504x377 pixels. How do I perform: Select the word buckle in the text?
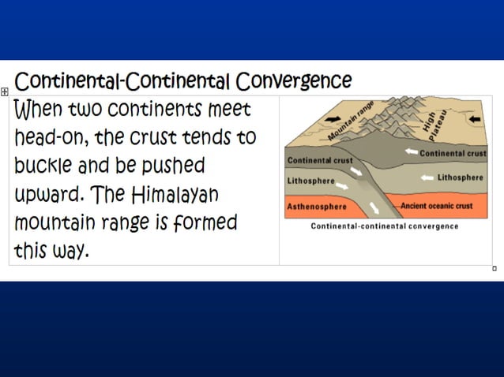coord(46,166)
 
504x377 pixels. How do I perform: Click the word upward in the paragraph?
coord(49,194)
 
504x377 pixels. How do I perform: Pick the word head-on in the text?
coord(50,137)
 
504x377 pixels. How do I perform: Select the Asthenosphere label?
coord(316,206)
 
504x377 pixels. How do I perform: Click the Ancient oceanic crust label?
coord(438,206)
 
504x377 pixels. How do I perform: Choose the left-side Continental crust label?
coord(320,160)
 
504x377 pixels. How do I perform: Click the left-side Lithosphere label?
coord(311,181)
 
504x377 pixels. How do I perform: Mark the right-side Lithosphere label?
coord(460,177)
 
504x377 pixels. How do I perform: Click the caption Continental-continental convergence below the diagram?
coord(384,226)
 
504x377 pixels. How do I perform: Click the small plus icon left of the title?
coord(5,92)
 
